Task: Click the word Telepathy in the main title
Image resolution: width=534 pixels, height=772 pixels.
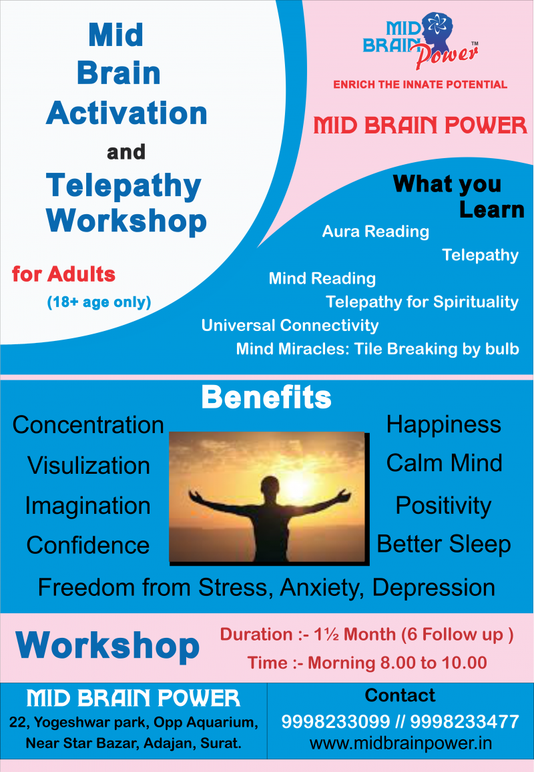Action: click(x=123, y=186)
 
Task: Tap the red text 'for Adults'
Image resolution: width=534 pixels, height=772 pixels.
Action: click(x=63, y=274)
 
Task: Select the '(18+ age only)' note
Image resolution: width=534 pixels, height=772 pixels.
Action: click(x=99, y=302)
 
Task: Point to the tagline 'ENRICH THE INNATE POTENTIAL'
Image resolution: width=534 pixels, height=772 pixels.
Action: click(x=421, y=84)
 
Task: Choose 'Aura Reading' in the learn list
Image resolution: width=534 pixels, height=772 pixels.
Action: click(x=375, y=232)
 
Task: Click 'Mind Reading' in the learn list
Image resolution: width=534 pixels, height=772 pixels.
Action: click(x=322, y=278)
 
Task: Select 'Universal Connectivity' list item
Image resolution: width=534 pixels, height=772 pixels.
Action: click(x=290, y=326)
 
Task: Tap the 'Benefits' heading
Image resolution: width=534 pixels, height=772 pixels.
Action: click(x=266, y=397)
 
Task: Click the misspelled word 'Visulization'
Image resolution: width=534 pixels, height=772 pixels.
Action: click(x=89, y=465)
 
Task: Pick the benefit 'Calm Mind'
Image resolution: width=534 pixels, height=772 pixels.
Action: click(x=444, y=463)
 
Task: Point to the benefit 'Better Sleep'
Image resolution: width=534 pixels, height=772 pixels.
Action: click(x=443, y=544)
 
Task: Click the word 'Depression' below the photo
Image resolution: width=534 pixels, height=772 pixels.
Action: click(x=433, y=588)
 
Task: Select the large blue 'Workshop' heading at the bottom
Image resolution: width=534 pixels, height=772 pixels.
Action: click(x=107, y=646)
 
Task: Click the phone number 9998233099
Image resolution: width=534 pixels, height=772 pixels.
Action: click(x=336, y=722)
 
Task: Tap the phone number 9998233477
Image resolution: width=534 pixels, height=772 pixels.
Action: click(x=465, y=722)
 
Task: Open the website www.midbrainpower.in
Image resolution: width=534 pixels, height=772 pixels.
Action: click(x=400, y=743)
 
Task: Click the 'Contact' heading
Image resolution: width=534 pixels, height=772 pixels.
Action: click(x=400, y=695)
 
